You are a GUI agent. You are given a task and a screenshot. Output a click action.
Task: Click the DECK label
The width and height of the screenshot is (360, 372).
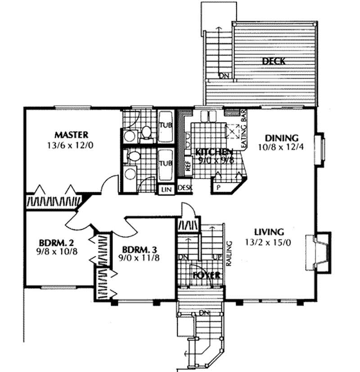click(x=274, y=62)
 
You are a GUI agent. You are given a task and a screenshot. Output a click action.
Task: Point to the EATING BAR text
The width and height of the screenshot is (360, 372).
click(x=246, y=130)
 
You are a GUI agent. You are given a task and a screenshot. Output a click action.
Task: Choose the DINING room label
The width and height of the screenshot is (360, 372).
click(x=282, y=138)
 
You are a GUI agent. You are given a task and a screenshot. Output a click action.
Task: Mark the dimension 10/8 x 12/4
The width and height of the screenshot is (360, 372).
click(x=282, y=148)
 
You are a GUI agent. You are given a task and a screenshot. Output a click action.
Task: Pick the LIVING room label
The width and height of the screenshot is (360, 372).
click(x=269, y=232)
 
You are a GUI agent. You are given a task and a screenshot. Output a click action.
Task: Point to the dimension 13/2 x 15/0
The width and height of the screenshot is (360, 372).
click(x=269, y=242)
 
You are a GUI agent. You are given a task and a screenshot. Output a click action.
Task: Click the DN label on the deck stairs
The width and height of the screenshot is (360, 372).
click(x=224, y=76)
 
